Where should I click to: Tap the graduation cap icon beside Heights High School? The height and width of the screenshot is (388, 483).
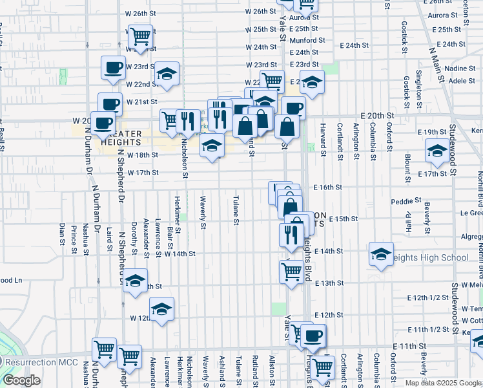click(381, 253)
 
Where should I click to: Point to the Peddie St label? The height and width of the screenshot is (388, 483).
click(406, 201)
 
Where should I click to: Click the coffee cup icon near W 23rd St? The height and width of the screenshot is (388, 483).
click(113, 67)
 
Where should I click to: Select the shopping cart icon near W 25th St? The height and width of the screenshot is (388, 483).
click(139, 36)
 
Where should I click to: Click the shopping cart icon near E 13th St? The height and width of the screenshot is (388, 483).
click(292, 271)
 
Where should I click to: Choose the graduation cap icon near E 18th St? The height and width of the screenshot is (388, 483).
click(438, 151)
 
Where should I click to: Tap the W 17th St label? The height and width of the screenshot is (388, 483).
click(143, 173)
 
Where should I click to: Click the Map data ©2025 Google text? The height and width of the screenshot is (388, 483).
click(442, 382)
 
